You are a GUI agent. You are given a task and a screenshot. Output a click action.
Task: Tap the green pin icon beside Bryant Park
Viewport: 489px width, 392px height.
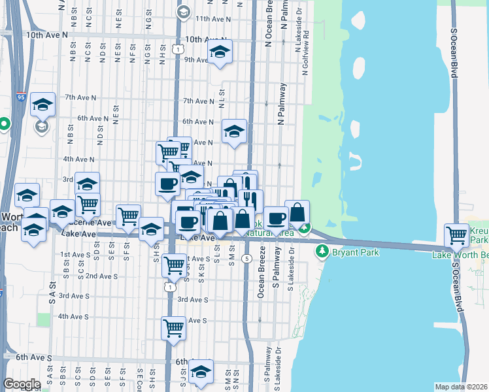(322, 251)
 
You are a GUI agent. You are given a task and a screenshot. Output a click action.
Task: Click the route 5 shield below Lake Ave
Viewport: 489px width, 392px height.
(246, 259)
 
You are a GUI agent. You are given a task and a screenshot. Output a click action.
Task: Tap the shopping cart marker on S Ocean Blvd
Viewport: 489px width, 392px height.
(456, 235)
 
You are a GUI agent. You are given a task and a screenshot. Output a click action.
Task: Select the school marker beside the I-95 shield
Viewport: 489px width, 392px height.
(42, 104)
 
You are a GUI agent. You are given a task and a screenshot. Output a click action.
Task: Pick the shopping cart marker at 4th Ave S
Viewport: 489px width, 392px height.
(173, 327)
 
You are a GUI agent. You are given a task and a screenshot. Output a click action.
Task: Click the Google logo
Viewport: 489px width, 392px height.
(22, 384)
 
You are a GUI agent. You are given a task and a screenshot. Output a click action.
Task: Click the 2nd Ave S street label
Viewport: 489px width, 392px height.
(101, 276)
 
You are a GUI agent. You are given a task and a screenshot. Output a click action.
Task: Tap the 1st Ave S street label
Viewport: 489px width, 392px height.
(74, 254)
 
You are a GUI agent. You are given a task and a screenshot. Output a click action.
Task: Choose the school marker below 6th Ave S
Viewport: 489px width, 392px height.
(201, 372)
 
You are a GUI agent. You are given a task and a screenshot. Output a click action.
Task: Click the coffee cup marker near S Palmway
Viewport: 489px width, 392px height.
(276, 218)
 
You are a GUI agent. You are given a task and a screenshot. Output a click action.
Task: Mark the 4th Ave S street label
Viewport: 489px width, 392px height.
(73, 317)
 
